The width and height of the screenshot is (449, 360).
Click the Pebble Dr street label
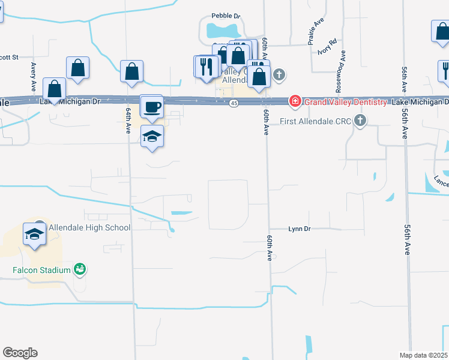226,16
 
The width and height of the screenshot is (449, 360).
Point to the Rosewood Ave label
341,71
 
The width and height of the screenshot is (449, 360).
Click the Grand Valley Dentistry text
345,102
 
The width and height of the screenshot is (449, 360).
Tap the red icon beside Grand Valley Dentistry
295,101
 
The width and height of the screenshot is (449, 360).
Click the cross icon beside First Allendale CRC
360,121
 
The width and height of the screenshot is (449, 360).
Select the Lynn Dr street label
299,229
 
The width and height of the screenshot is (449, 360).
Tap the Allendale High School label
88,227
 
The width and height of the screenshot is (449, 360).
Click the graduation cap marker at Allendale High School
35,233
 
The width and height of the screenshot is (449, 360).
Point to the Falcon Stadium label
41,270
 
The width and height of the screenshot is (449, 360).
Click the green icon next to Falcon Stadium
79,269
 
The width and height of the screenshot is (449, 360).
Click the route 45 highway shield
233,104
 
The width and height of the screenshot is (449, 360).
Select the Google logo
20,353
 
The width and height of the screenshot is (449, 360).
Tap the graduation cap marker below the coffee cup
152,136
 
